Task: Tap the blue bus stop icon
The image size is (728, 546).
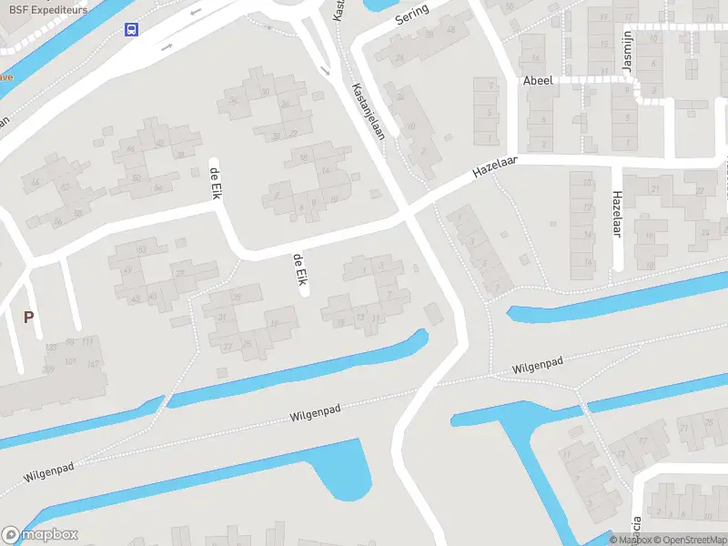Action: coord(132,29)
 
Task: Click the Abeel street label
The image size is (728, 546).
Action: coord(538,81)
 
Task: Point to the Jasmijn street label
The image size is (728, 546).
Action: coord(625,59)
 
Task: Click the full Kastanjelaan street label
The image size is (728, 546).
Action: coord(369,112)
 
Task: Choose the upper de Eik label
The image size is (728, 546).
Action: coord(216,183)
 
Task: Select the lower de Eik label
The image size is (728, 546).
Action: coord(298,271)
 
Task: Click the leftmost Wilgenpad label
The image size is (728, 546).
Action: coord(49,470)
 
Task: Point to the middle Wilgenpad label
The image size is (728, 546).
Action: coord(315,415)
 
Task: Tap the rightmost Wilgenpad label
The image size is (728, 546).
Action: coord(537,366)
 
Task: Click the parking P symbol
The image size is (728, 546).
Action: coord(28,318)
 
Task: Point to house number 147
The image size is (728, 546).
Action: coord(94,364)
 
